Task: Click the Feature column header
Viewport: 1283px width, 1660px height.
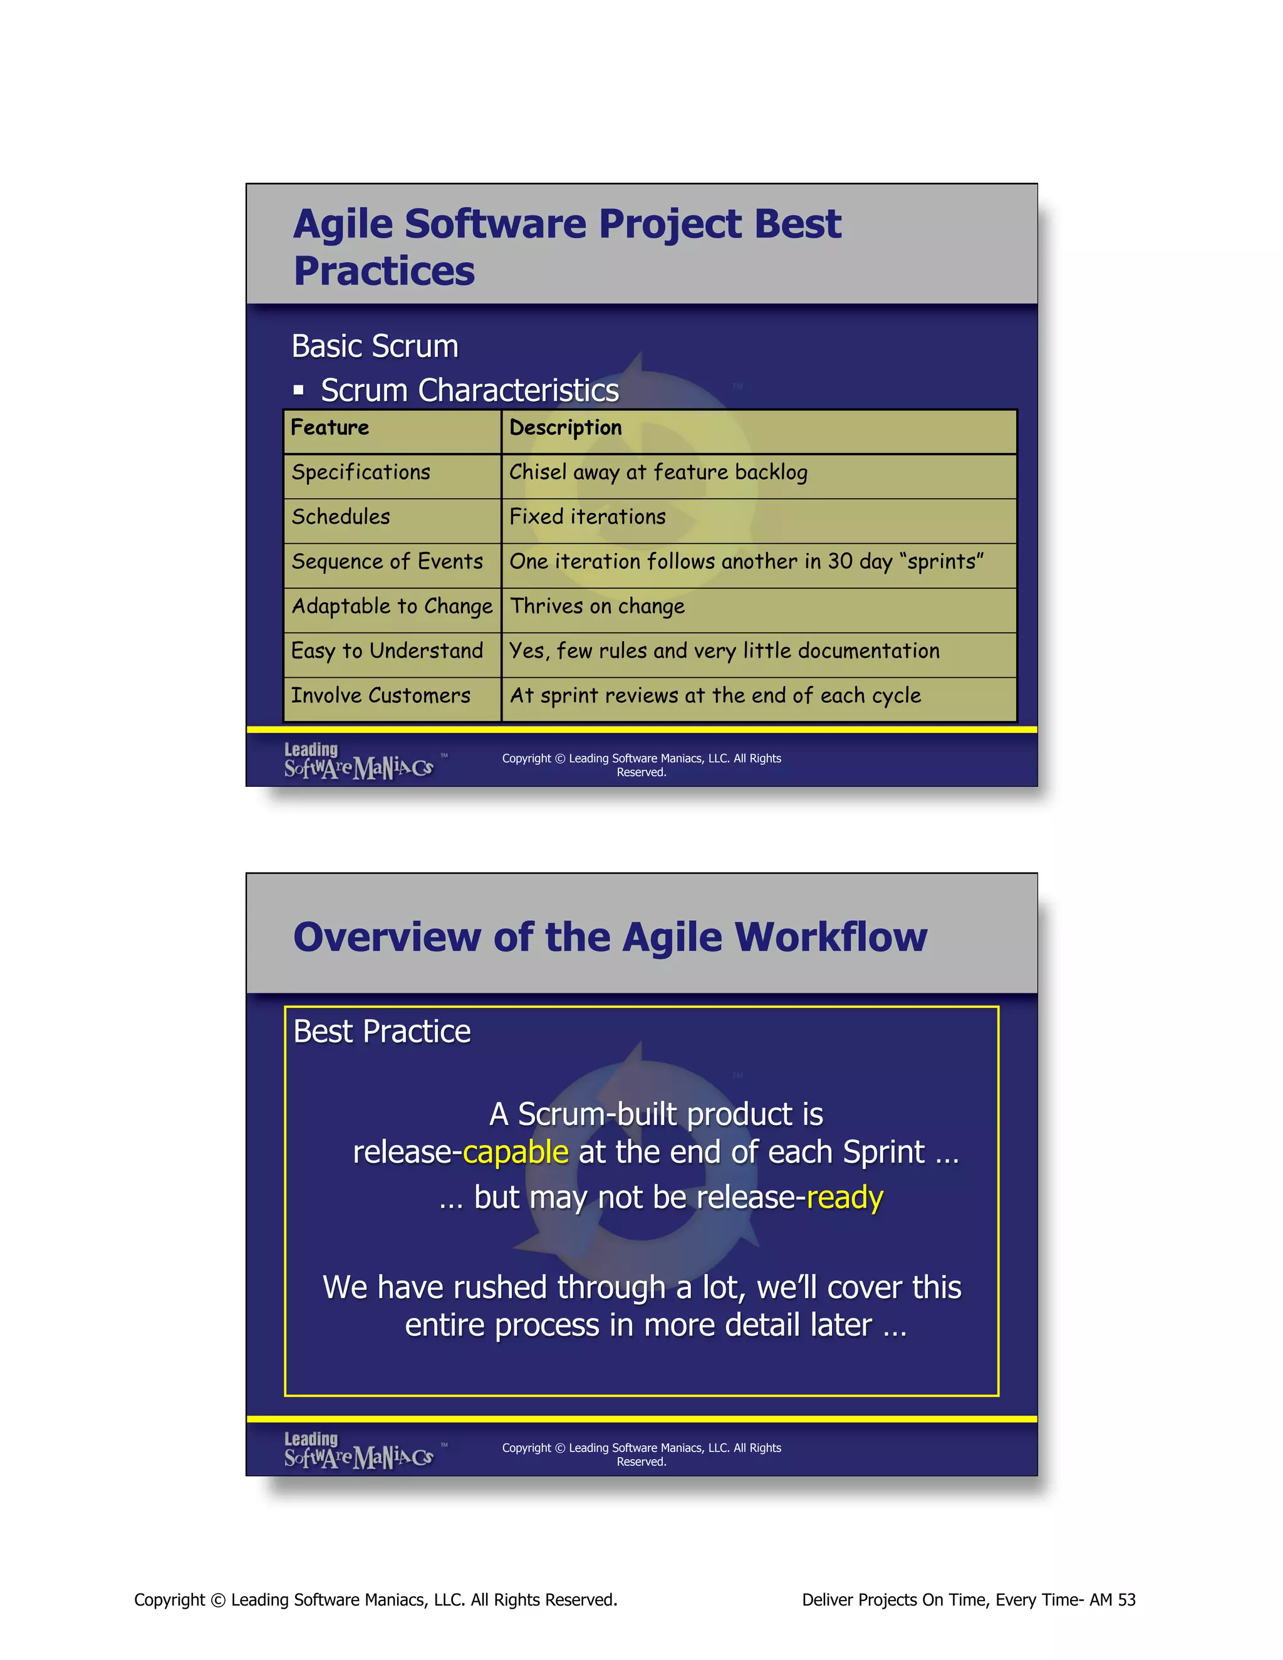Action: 330,428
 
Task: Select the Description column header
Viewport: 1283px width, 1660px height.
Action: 566,428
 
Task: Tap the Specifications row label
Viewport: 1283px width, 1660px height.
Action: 361,473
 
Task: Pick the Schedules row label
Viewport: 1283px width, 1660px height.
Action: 341,517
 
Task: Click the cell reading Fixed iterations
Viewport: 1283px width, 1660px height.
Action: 588,517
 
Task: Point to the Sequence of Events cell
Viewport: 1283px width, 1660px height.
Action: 387,562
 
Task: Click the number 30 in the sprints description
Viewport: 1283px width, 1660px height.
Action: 840,562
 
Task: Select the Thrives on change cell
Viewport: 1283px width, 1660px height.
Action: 598,606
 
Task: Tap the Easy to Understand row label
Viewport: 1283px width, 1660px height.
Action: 387,651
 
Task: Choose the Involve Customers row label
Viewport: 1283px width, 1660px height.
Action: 381,695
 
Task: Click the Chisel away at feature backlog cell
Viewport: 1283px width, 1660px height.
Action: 658,473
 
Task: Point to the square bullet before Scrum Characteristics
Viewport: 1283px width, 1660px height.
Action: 299,391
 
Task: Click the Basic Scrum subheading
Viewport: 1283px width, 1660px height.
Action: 375,346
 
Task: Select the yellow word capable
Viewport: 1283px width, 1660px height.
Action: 516,1152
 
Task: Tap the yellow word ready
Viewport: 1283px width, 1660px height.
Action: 844,1197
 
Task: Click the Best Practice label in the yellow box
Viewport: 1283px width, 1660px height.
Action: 382,1032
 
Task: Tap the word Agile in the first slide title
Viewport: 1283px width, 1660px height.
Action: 343,224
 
